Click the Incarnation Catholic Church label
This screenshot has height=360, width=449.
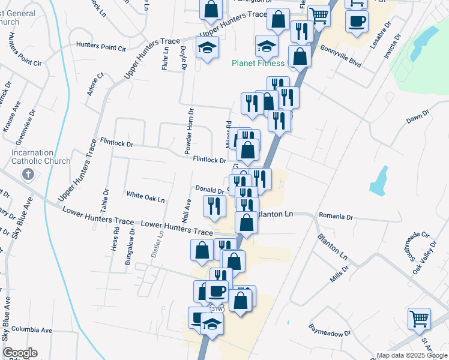[40, 157]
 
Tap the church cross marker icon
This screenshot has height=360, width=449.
[27, 175]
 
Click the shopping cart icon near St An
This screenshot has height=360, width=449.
[419, 319]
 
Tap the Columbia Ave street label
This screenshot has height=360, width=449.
[32, 330]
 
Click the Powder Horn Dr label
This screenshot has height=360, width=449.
[189, 129]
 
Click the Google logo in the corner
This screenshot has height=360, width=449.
[19, 353]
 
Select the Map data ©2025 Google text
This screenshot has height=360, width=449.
[411, 355]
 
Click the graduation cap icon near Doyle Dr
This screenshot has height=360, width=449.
[207, 47]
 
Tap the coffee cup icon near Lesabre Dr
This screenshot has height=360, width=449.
[357, 22]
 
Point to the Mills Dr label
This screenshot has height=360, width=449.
[339, 275]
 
